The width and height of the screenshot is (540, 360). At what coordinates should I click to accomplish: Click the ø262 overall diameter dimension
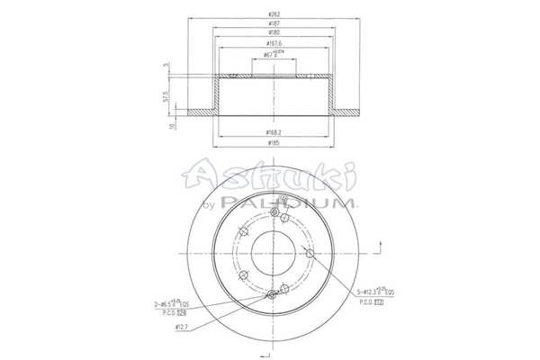(270, 15)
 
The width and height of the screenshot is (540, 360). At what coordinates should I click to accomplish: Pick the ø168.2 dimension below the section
(270, 131)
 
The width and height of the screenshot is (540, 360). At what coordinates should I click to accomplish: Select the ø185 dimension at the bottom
(270, 144)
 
